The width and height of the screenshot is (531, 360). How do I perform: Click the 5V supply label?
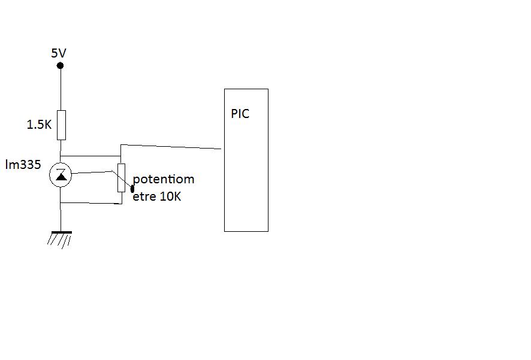(x=58, y=53)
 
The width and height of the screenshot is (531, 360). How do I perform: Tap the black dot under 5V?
(x=60, y=65)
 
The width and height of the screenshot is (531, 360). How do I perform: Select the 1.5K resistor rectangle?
(x=61, y=125)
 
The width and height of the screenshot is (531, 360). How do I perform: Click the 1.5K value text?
(x=40, y=125)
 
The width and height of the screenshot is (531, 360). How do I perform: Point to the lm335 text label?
(x=23, y=164)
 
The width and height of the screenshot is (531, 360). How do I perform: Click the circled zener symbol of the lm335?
(x=61, y=175)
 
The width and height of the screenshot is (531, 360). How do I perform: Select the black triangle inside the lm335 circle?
(x=61, y=176)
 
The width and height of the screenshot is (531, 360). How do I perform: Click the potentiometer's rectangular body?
(x=121, y=177)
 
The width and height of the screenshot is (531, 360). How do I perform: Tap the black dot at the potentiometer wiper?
(x=132, y=189)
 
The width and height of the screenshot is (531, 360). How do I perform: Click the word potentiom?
(x=164, y=179)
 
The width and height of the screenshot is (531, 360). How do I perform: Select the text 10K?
(x=170, y=196)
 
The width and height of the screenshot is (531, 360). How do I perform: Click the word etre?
(x=144, y=196)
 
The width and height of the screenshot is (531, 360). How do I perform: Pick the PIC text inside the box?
(x=240, y=114)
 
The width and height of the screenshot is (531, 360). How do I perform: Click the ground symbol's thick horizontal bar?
(x=61, y=232)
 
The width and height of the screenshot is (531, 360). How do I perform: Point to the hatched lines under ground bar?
(x=60, y=240)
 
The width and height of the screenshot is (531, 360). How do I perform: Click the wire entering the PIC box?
(x=174, y=146)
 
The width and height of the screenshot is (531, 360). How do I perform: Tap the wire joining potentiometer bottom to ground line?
(x=90, y=203)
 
